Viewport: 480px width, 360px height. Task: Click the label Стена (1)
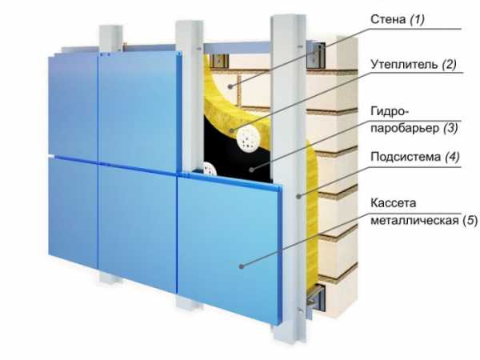398,19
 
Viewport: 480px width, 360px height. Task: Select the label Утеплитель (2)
414,65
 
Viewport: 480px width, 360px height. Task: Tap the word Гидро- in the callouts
390,111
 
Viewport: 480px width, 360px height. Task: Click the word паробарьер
405,128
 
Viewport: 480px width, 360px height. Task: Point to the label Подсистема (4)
415,157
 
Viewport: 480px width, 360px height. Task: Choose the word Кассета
394,203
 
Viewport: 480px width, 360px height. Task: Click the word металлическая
414,220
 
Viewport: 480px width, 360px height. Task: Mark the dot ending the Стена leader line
230,86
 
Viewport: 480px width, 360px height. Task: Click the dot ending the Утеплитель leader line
232,130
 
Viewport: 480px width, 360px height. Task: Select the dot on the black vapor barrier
251,170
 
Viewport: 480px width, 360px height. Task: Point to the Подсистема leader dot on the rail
299,196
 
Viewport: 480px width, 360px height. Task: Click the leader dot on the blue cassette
242,266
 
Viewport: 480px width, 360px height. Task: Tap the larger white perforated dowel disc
248,138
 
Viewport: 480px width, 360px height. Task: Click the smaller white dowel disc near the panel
210,170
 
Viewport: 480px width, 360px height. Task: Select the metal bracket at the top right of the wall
316,55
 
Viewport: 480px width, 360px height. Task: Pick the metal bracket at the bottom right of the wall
314,301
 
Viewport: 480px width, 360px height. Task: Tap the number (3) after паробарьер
450,128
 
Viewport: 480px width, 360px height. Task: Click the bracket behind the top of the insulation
219,61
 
